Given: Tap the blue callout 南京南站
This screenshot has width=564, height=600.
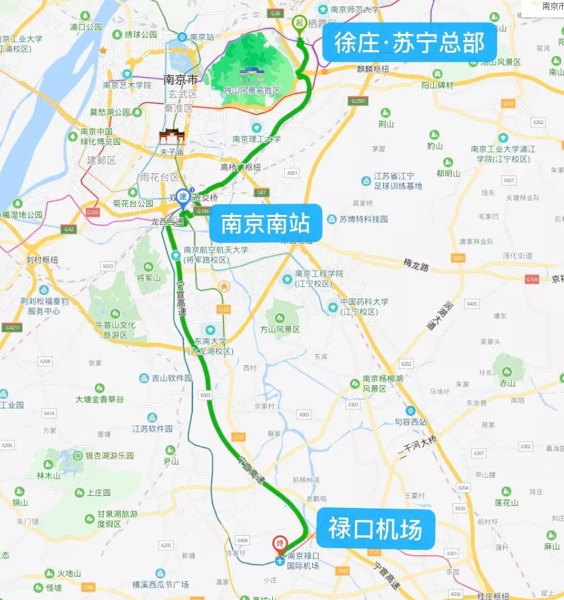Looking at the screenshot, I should click(x=266, y=224).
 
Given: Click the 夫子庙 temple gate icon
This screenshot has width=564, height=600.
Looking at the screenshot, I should click(x=172, y=137).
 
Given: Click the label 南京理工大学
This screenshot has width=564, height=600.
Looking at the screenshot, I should click(x=256, y=139).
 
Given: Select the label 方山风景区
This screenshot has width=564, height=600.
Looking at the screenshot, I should click(x=280, y=329).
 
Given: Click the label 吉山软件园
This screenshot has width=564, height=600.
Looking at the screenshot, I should click(x=172, y=378).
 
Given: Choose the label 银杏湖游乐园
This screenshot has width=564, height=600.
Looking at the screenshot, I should click(x=109, y=455).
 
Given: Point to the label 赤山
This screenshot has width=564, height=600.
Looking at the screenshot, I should click(x=507, y=383).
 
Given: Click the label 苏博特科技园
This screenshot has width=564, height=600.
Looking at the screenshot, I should click(x=364, y=219).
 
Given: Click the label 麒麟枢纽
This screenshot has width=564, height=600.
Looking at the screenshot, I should click(x=372, y=69).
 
